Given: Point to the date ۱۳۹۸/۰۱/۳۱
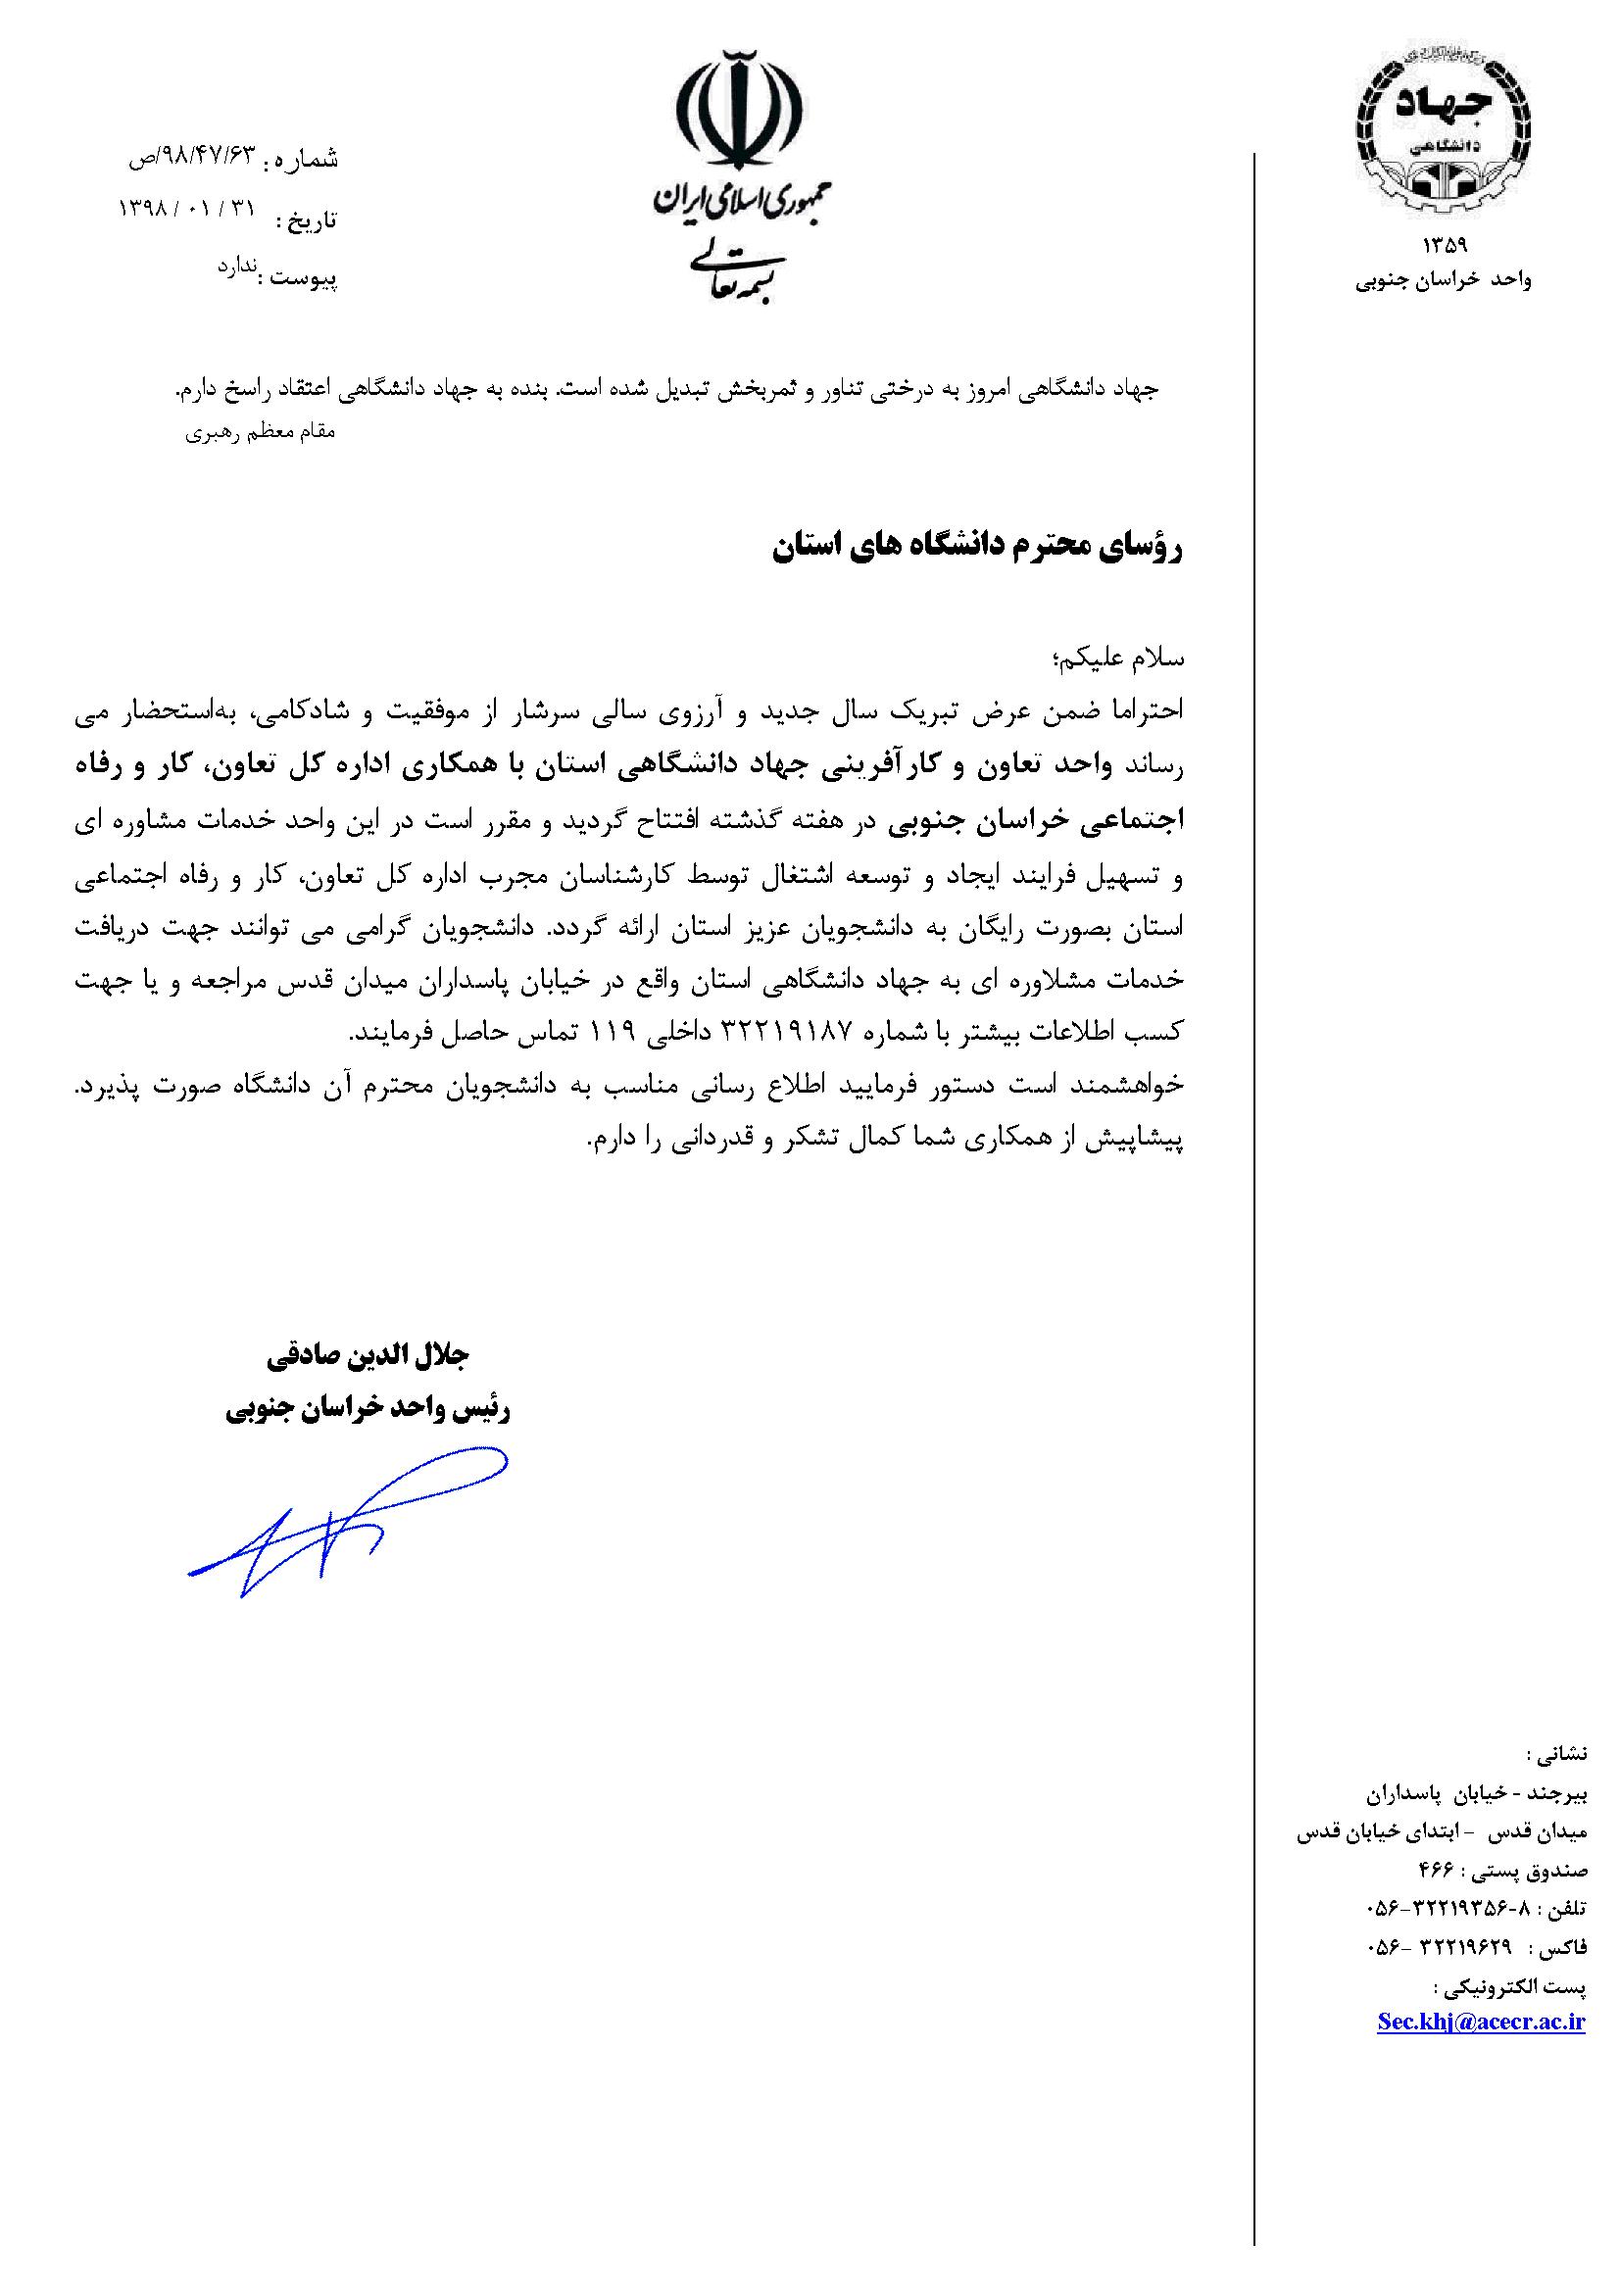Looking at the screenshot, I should (x=187, y=208).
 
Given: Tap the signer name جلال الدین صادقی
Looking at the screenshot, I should (x=368, y=1356).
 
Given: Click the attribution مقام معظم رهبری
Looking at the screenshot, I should (x=262, y=434).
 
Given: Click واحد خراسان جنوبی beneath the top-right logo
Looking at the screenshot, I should (x=1443, y=281).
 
